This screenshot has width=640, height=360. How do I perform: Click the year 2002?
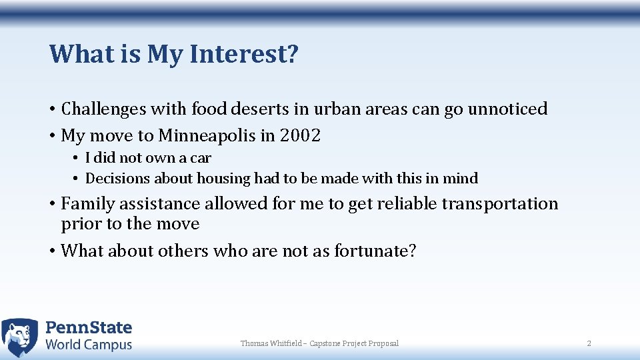click(301, 136)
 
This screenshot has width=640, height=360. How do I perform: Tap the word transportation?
click(499, 203)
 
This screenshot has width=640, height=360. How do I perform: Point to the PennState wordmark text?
click(89, 328)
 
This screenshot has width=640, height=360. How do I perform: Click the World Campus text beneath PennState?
click(89, 345)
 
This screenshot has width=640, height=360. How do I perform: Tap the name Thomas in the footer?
click(253, 343)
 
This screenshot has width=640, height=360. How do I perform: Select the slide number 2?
click(589, 343)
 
